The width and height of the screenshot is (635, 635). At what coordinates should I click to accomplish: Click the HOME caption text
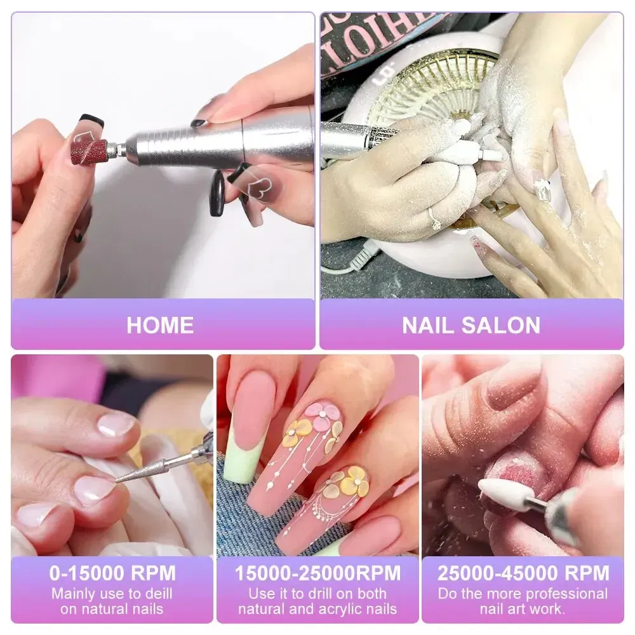coord(160,325)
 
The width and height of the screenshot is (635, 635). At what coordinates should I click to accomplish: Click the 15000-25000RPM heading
coord(317,573)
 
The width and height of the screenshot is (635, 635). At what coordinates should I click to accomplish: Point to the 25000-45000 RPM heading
coord(523,573)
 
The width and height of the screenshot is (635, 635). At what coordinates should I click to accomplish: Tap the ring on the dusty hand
coord(436,219)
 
